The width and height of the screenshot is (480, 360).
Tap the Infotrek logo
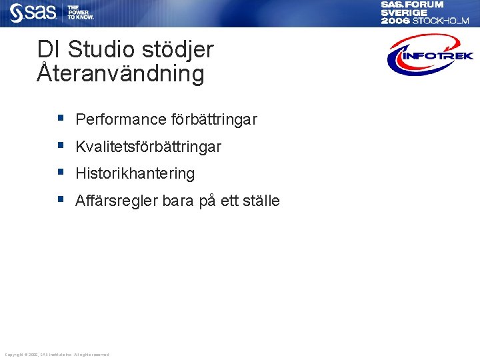tap(430, 55)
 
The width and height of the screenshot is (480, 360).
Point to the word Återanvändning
tap(121, 73)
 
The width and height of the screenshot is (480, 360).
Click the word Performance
tap(121, 120)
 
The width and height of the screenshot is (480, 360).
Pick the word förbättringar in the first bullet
tap(214, 120)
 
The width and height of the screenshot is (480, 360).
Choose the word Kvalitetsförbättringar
tap(148, 147)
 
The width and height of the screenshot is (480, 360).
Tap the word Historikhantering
tap(135, 174)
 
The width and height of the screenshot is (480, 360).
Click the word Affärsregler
tap(117, 201)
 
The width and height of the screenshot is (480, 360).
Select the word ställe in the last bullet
tap(257, 201)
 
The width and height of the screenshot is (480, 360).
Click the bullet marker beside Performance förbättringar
tap(60, 118)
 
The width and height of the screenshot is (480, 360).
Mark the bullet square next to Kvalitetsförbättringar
tap(60, 145)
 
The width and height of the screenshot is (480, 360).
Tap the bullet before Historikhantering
tap(60, 172)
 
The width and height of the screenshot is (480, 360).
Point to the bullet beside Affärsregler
tap(60, 199)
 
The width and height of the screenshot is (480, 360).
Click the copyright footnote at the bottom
tap(57, 354)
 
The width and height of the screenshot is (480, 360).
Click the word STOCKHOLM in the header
tap(441, 21)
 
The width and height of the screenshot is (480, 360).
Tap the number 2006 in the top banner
tap(395, 21)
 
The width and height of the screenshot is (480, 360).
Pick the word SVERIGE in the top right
tap(404, 13)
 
